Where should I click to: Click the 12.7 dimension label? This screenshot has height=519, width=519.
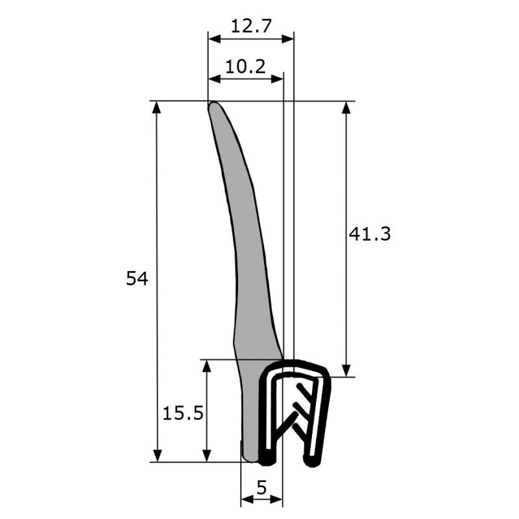(251, 26)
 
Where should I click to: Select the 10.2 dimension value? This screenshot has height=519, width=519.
(245, 67)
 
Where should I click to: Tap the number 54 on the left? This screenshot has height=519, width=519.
(137, 278)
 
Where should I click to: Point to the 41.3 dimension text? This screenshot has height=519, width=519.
(370, 234)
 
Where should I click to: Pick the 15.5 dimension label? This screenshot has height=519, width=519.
(183, 413)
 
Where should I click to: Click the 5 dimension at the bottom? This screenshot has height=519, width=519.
(261, 487)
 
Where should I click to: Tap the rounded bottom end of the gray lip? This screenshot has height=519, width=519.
(250, 459)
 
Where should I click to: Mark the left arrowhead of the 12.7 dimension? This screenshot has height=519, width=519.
(214, 39)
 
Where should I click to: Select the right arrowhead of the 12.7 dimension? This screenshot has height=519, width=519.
(287, 39)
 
